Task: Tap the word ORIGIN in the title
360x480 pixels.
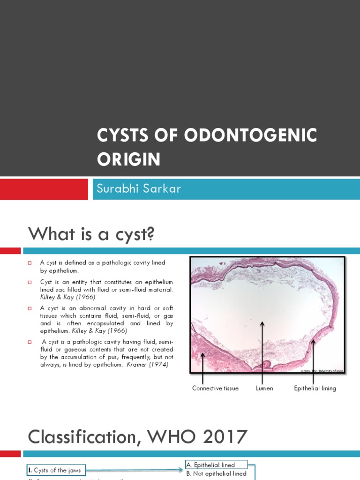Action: tap(128, 159)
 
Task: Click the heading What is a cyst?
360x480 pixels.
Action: tap(91, 233)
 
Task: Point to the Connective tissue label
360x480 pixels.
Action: tap(215, 388)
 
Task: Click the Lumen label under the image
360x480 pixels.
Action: tap(264, 388)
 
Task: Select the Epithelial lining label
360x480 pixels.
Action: tap(315, 388)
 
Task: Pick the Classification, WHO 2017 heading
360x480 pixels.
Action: tap(137, 436)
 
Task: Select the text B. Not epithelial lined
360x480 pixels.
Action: tap(217, 473)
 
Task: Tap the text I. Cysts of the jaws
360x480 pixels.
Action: tap(54, 470)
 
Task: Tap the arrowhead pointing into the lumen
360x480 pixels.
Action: tap(262, 323)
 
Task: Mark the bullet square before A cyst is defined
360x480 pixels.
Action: tap(29, 263)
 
